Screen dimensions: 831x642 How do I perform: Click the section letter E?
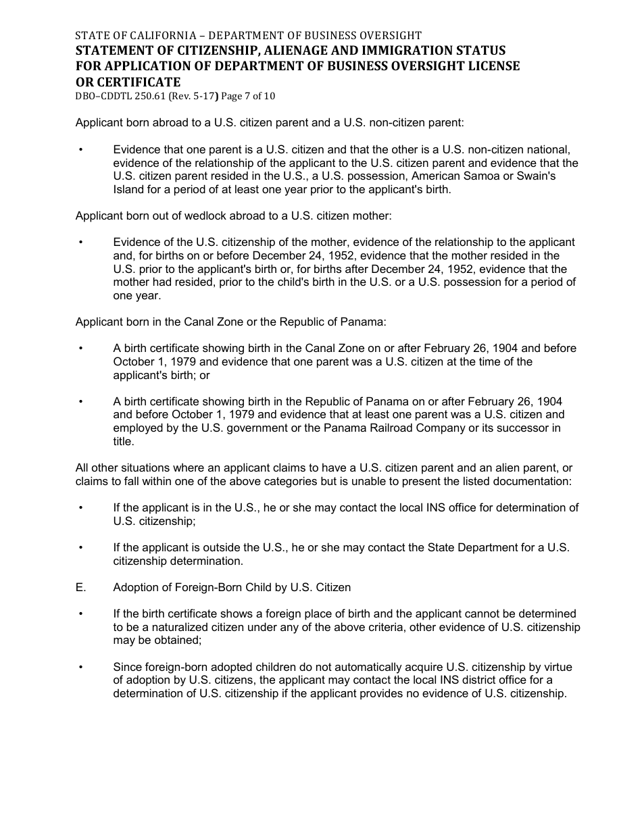click(81, 587)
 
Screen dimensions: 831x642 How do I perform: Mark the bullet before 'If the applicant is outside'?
click(81, 547)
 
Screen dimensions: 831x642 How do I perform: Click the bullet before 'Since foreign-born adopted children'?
click(81, 667)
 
